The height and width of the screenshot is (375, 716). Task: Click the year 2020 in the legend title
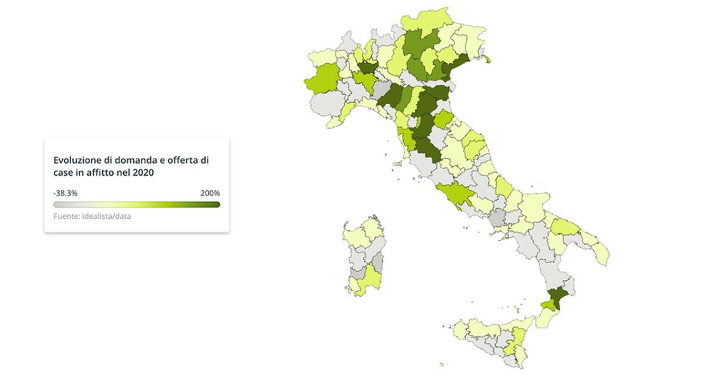(144, 173)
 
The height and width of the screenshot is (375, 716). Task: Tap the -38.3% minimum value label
(65, 193)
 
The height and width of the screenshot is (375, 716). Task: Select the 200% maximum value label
(210, 193)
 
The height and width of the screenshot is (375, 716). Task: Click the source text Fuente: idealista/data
(92, 216)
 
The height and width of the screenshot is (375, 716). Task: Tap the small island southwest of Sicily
(441, 364)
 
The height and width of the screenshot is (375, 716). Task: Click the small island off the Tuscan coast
(399, 163)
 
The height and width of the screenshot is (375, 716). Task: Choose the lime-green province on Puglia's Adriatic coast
(565, 227)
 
